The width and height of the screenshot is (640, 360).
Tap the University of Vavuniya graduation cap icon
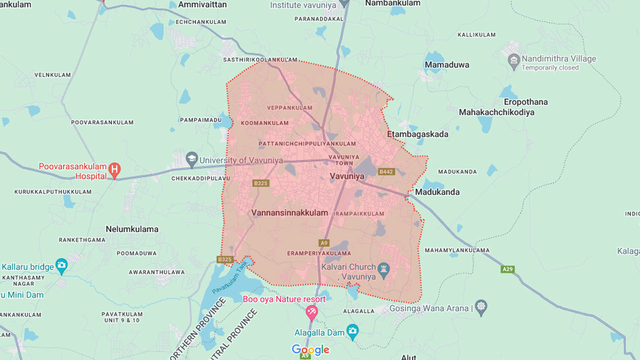191,160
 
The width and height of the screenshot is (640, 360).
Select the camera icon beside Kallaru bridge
61,266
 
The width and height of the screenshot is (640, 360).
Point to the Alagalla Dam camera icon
352,331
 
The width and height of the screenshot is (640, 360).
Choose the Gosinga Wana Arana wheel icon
480,307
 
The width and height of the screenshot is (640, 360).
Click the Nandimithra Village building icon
513,62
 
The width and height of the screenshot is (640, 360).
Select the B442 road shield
386,171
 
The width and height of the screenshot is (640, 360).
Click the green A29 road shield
507,269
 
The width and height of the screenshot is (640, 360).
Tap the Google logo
310,350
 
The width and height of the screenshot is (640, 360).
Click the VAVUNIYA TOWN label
343,160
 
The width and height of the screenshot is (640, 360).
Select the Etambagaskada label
417,134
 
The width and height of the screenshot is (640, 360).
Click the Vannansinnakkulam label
289,212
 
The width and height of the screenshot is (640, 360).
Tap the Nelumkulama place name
132,229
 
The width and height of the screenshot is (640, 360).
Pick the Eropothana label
525,102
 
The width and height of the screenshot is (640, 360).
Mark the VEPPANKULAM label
289,107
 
